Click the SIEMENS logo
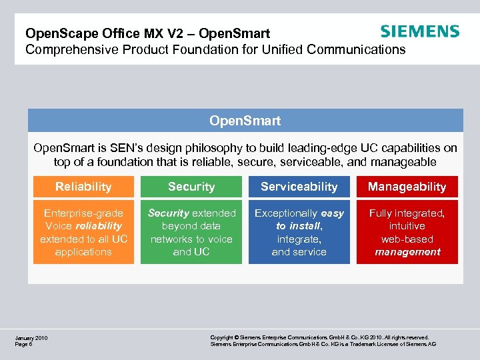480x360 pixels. click(x=419, y=31)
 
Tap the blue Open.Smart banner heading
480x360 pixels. click(x=245, y=121)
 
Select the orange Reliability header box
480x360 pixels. click(x=83, y=187)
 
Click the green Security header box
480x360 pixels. click(x=191, y=187)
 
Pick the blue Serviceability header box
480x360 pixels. click(x=299, y=187)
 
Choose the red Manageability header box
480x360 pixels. click(x=407, y=187)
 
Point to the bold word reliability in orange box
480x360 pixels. click(x=99, y=226)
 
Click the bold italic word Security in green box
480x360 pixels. click(x=168, y=213)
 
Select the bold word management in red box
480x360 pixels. click(x=407, y=252)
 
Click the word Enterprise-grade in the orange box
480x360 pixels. click(x=83, y=213)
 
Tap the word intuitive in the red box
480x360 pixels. click(x=407, y=226)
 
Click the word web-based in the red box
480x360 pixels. click(x=407, y=239)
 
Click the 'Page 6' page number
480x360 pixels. click(x=24, y=344)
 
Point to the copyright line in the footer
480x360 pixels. click(x=319, y=338)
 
